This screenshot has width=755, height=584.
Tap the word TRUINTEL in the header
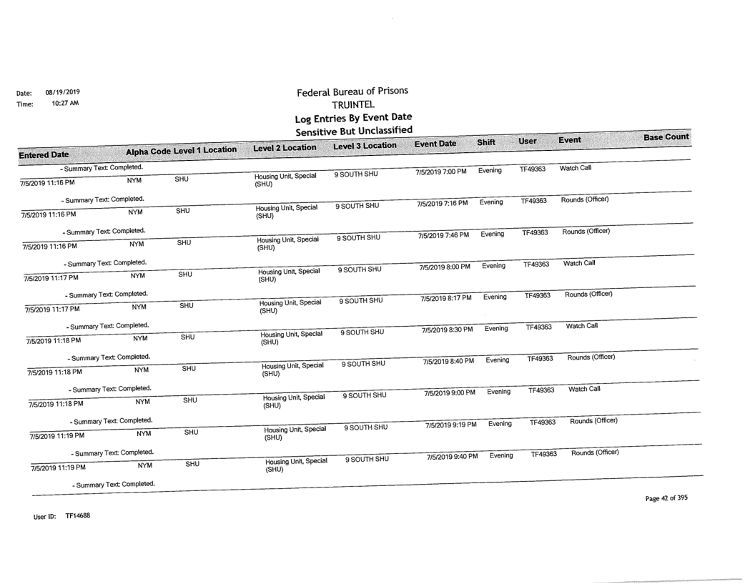[354, 105]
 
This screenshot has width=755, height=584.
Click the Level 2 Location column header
[284, 147]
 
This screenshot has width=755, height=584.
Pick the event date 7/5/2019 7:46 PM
[445, 234]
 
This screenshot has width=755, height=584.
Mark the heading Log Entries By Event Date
[355, 117]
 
